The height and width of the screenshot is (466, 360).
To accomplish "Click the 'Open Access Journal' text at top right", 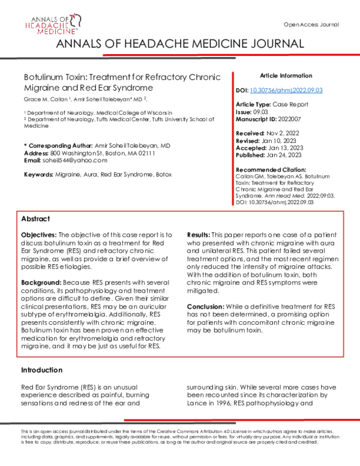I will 311,25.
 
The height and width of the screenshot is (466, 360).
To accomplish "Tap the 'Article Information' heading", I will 286,76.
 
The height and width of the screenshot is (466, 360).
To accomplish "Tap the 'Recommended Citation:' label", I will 271,170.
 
